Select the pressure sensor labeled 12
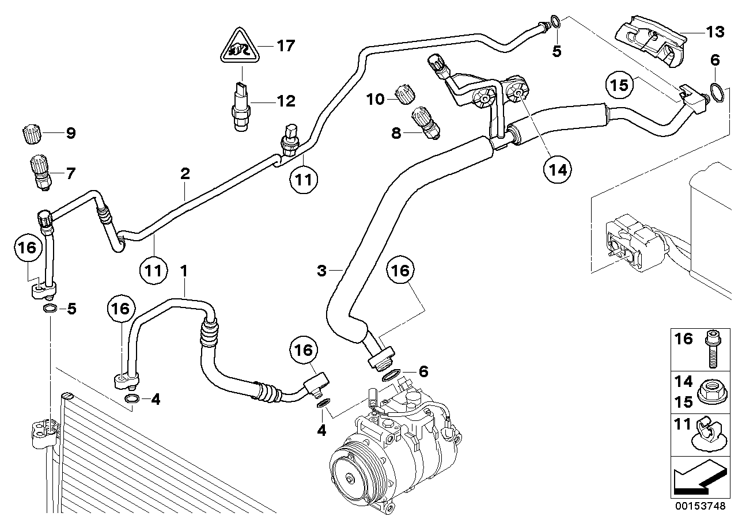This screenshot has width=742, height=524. coord(241,105)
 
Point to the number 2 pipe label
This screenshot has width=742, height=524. coord(185,173)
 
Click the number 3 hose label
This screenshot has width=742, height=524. coord(322,270)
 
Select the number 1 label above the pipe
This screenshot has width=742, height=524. coord(184,269)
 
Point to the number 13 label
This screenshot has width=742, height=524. coord(715,32)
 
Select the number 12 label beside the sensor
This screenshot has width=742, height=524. coord(286,102)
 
